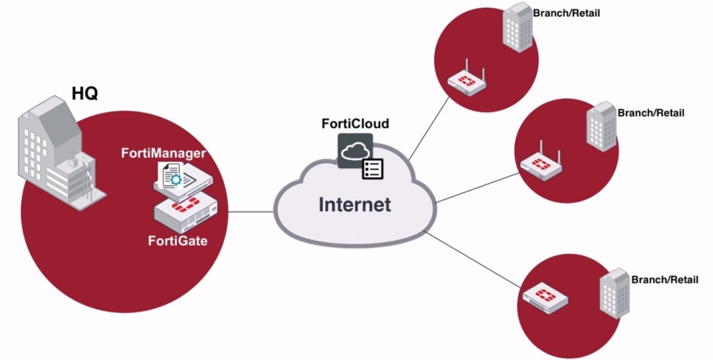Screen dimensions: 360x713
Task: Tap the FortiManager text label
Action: (173, 153)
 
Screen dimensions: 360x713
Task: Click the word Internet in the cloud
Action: (354, 205)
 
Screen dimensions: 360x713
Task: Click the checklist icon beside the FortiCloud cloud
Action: (373, 169)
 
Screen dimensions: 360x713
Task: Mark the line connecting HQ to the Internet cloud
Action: (250, 212)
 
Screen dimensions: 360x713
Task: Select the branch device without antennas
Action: (545, 298)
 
